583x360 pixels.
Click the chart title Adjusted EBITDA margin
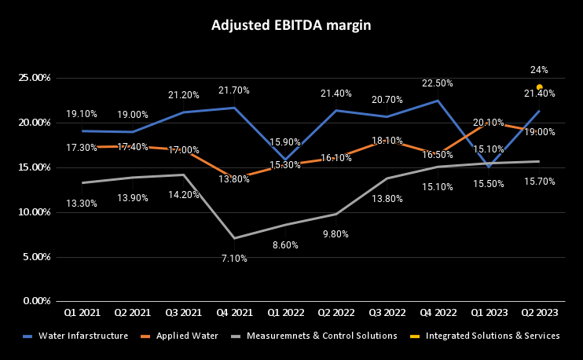coord(291,25)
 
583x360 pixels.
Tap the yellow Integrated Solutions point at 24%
coord(540,86)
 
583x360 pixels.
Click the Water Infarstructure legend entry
coord(83,336)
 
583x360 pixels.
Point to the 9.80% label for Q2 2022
coord(335,233)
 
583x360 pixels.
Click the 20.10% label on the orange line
coord(487,123)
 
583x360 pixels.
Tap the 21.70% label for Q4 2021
coord(234,91)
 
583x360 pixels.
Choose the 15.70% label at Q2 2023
coord(540,182)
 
